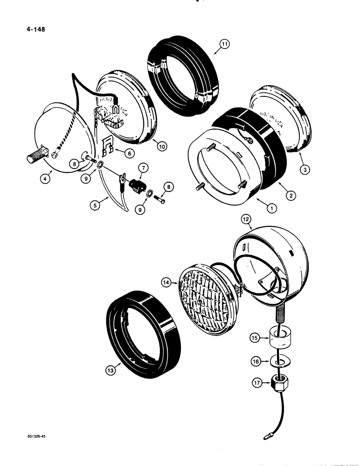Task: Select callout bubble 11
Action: click(x=225, y=45)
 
